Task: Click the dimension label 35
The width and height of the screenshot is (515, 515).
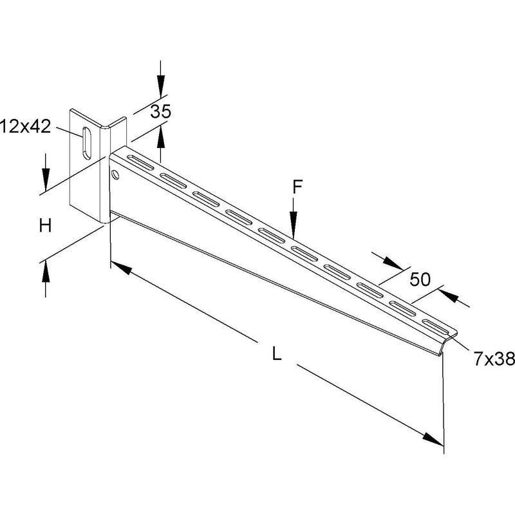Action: coord(160,111)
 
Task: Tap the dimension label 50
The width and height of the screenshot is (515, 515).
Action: coord(420,279)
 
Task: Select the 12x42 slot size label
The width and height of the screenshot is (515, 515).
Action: coord(26,127)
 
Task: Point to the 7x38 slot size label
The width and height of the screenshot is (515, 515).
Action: coord(494,359)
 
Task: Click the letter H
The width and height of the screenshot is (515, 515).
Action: coord(45,226)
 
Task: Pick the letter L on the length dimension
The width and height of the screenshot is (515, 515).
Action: coord(277,354)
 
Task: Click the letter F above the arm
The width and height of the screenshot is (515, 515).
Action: coord(297,187)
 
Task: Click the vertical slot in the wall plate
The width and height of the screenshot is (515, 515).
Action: coord(87,143)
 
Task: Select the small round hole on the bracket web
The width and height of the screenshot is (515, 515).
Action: coord(115,174)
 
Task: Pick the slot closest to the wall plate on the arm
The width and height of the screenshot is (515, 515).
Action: coord(140,163)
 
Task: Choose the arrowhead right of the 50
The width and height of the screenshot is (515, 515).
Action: coord(449,294)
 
